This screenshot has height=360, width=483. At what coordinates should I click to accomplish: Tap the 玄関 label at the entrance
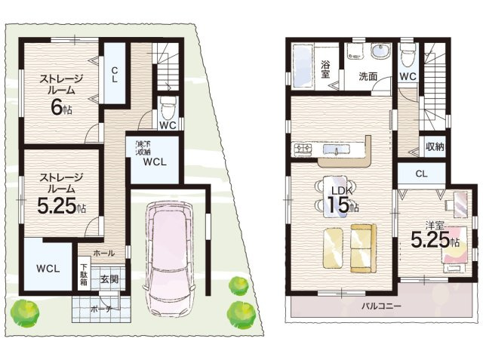pos(109,279)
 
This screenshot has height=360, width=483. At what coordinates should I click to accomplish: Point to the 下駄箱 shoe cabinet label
pos(84,274)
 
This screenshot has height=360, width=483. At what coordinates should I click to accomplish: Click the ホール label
pos(104,254)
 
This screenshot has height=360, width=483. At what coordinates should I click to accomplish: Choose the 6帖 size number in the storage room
pos(59,107)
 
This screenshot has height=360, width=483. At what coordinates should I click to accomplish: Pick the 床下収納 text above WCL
pos(143,148)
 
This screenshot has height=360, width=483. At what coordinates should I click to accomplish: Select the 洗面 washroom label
pos(368,76)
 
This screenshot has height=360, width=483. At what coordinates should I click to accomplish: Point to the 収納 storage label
pos(433,146)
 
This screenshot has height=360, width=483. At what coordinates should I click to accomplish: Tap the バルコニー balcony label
pos(381,306)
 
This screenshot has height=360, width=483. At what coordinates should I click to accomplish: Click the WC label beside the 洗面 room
pos(408,76)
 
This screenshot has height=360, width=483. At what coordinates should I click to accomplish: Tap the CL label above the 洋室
pos(421,174)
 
